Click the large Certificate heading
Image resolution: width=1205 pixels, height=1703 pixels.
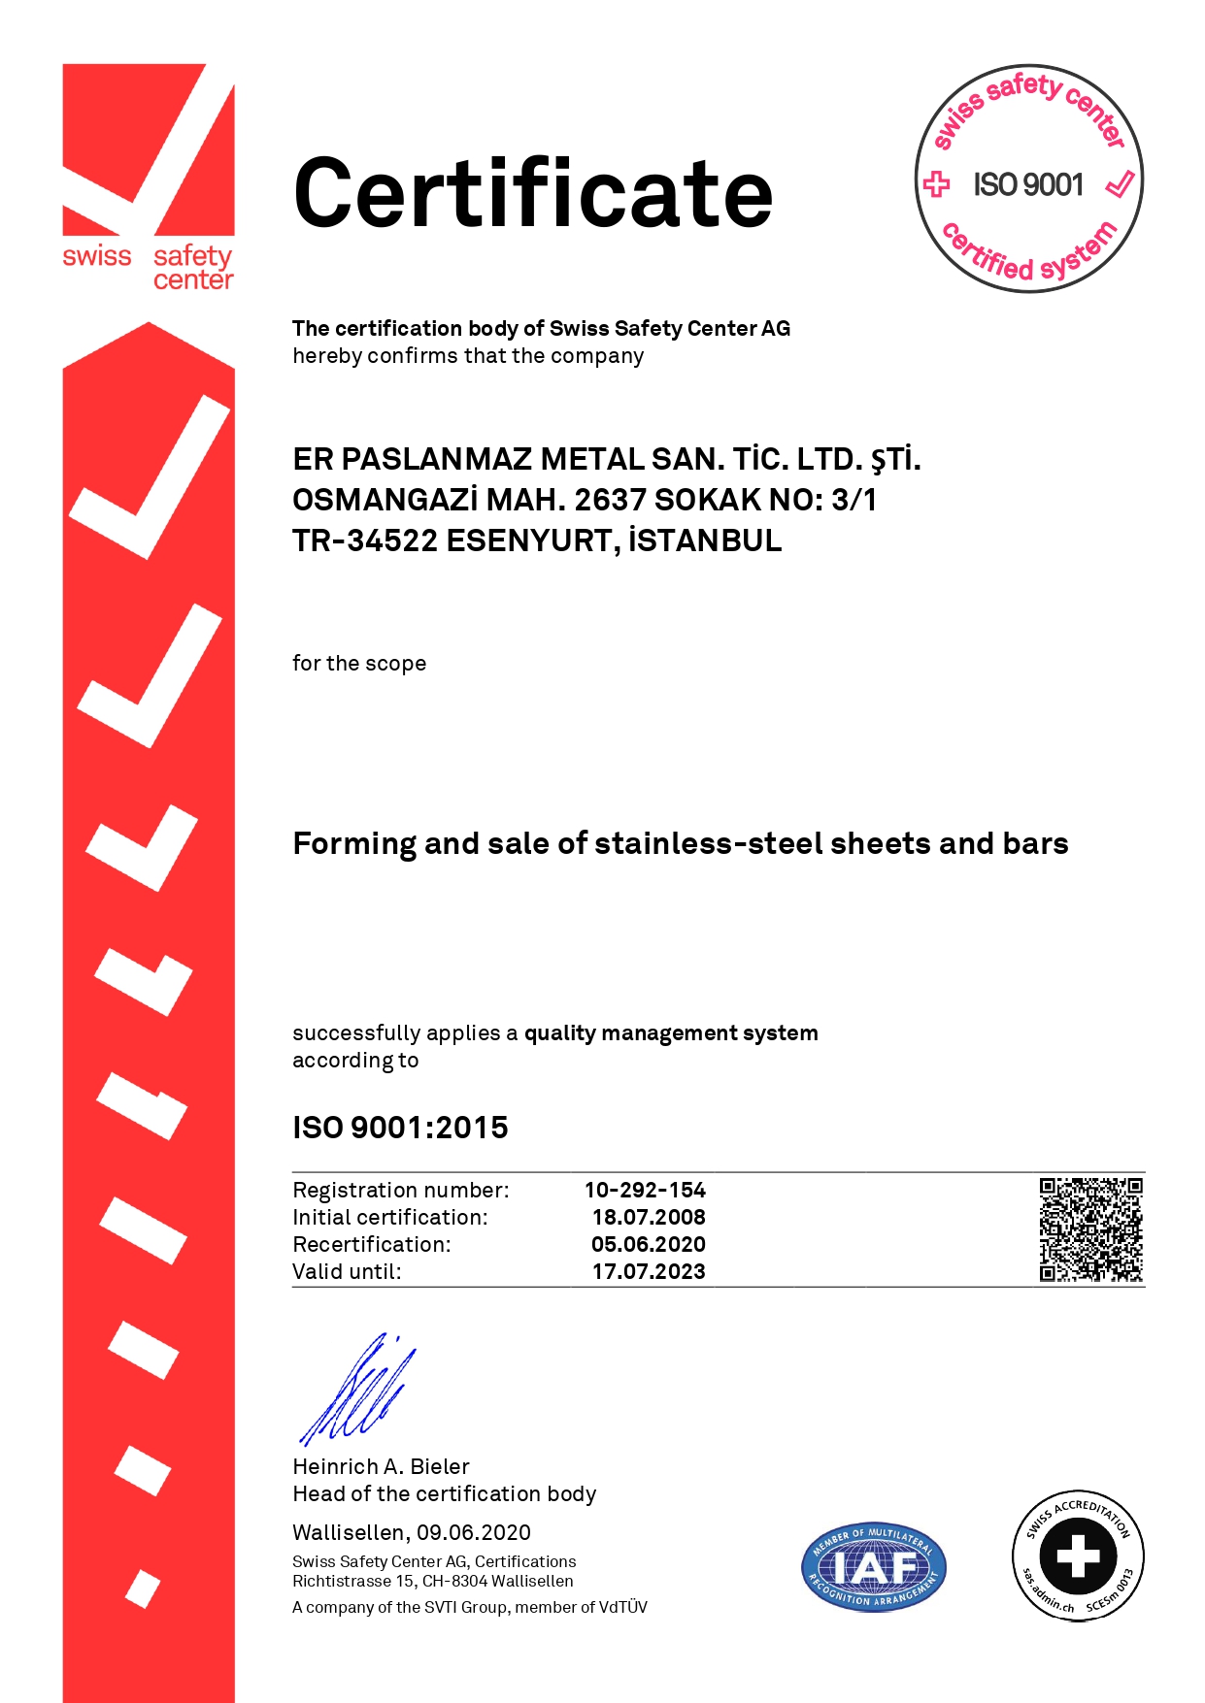tap(533, 193)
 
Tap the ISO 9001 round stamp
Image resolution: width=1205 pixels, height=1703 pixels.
tap(1029, 180)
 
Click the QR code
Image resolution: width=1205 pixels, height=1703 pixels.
tap(1090, 1228)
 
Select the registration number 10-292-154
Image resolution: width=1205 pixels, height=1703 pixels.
tap(645, 1190)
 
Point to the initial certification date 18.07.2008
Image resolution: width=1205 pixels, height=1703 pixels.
tap(649, 1217)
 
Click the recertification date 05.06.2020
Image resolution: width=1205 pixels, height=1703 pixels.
tap(649, 1244)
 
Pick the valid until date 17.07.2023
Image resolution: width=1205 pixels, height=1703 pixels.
tap(649, 1271)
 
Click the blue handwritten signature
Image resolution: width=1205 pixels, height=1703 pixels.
tap(354, 1391)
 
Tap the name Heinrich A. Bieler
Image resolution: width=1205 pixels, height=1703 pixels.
tap(381, 1466)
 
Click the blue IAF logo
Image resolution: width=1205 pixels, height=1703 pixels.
tap(873, 1567)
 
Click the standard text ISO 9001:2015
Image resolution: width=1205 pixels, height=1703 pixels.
tap(400, 1128)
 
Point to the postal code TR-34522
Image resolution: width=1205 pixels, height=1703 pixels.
tap(365, 540)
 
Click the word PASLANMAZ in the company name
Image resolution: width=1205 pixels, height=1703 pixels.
tap(436, 459)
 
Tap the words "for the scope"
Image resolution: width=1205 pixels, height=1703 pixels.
tap(359, 664)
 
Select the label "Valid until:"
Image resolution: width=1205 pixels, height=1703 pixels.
tap(347, 1271)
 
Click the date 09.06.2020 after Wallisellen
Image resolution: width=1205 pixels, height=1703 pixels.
tap(474, 1532)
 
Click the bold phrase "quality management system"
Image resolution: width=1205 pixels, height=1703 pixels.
tap(671, 1032)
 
